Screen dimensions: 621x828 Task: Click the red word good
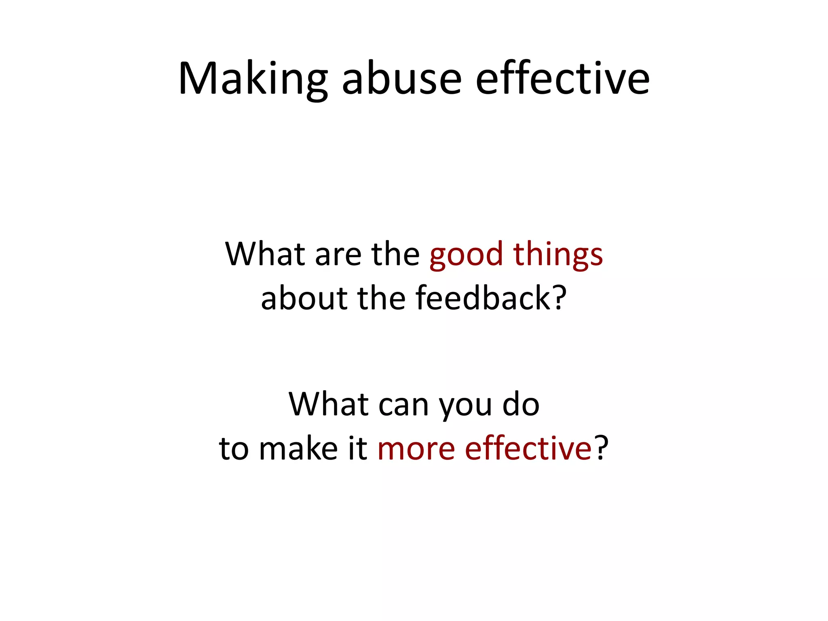click(x=466, y=255)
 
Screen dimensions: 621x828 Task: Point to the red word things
click(x=558, y=255)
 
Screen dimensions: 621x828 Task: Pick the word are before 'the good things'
click(x=338, y=255)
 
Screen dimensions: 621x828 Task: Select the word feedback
click(x=483, y=298)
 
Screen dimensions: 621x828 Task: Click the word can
click(x=403, y=405)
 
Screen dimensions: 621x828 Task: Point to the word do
click(x=521, y=404)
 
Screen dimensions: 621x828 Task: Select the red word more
click(x=416, y=449)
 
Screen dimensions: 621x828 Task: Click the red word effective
click(x=528, y=448)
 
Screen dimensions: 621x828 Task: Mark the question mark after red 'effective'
click(x=602, y=448)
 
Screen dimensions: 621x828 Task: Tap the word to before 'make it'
click(x=234, y=449)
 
